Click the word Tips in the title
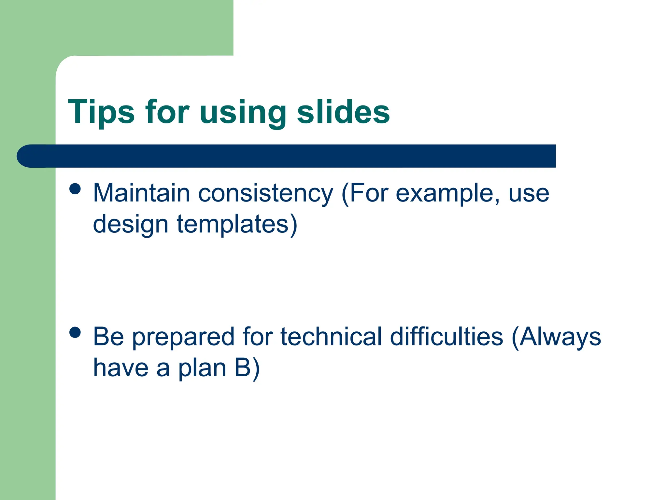pos(101,112)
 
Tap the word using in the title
pos(243,114)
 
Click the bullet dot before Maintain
pos(75,189)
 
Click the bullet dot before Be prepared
pos(75,333)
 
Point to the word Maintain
pos(141,193)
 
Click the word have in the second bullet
pos(121,368)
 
